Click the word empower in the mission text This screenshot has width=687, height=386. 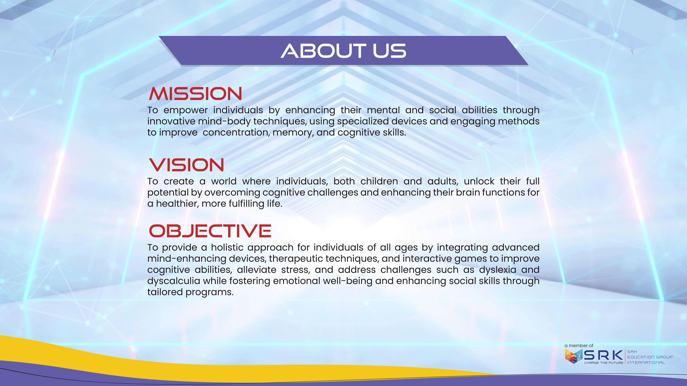[x=186, y=110]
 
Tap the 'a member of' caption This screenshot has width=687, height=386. [x=579, y=346]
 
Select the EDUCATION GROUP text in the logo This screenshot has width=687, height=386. [x=650, y=357]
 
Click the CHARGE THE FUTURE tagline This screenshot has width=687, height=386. [x=604, y=363]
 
